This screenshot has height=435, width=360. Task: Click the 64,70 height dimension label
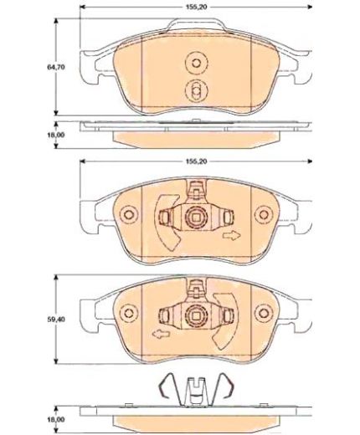click(56, 67)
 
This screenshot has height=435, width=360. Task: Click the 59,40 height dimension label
click(56, 320)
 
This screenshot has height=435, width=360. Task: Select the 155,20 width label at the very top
click(196, 8)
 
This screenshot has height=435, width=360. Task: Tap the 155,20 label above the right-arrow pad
click(196, 161)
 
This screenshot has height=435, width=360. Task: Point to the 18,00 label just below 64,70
click(56, 135)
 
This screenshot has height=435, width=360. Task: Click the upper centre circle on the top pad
click(196, 64)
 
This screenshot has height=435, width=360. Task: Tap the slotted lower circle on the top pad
click(196, 90)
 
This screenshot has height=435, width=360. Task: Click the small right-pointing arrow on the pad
click(231, 236)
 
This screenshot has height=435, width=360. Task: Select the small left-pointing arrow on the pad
click(161, 334)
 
